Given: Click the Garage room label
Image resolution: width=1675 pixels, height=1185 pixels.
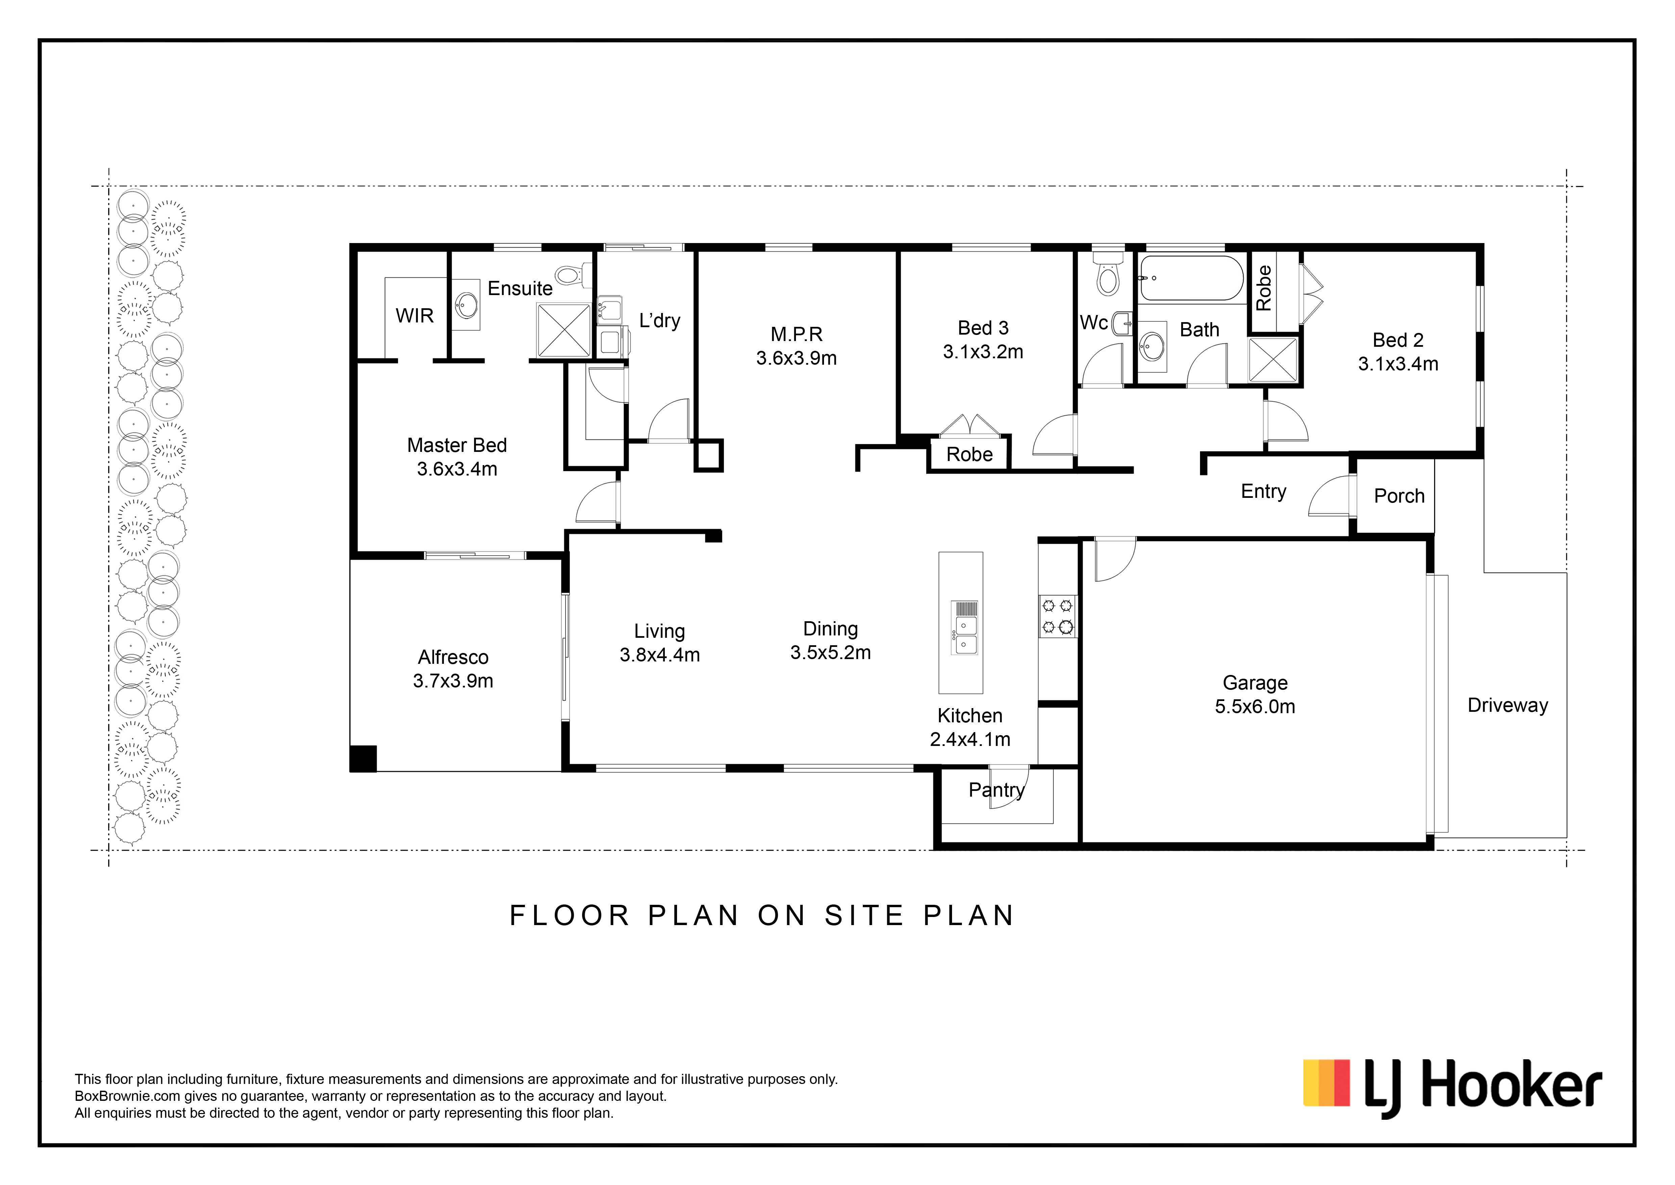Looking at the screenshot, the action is tap(1255, 683).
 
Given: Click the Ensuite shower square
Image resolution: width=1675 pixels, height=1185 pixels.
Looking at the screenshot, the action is tap(564, 330).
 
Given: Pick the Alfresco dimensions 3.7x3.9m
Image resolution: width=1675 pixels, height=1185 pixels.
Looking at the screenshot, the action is tap(453, 681).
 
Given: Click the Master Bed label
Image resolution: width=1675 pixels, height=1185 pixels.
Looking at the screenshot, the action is tap(457, 445).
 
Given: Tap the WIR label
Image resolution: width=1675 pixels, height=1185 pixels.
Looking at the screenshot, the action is tap(415, 316).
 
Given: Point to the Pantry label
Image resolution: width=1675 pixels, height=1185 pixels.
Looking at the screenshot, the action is tap(997, 790).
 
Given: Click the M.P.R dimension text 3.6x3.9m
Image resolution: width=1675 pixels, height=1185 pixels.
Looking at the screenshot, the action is tap(796, 358).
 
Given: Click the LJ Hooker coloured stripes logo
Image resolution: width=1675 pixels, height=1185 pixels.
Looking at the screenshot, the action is tap(1326, 1103).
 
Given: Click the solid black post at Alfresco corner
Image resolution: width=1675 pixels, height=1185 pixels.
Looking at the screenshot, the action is tap(363, 758).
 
